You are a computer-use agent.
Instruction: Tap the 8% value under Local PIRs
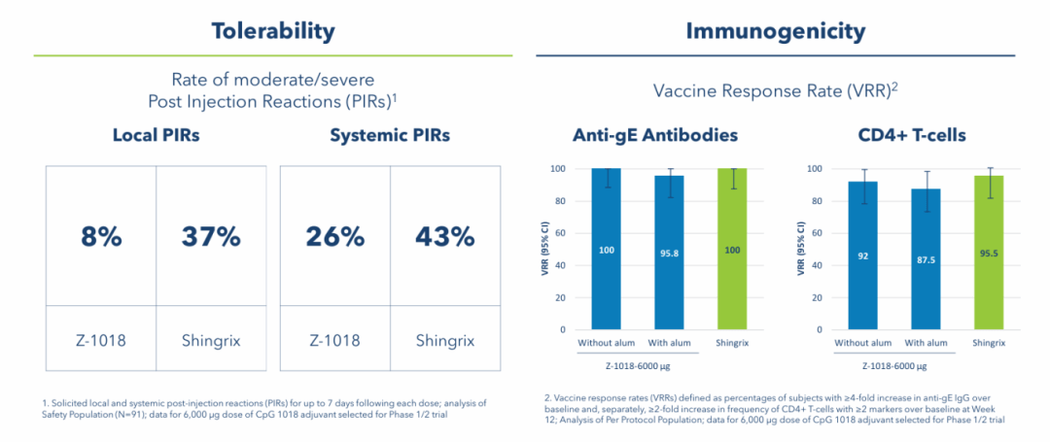tap(100, 236)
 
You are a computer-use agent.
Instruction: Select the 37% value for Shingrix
tap(211, 236)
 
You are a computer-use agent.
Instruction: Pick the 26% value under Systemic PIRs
tap(334, 236)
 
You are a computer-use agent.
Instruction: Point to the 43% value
tap(445, 236)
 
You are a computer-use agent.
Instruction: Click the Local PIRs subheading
tap(156, 135)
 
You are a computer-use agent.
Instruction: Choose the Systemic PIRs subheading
tap(389, 135)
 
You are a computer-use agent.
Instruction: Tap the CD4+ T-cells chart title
tap(911, 135)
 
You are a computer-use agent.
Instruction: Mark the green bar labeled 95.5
tap(987, 253)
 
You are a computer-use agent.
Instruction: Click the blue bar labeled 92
tap(863, 255)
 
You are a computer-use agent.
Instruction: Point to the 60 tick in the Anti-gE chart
tap(558, 233)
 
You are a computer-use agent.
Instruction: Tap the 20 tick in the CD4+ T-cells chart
tap(816, 297)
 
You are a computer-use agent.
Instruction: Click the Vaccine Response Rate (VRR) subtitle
tap(775, 89)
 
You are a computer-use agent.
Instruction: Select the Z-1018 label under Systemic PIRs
tap(334, 341)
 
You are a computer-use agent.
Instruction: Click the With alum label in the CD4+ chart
tap(925, 343)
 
